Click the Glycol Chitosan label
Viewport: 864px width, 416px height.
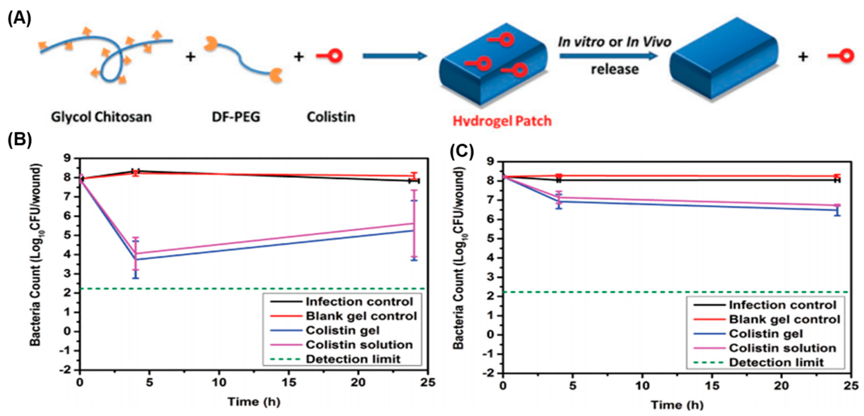pos(101,117)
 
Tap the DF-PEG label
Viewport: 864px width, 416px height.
pos(236,117)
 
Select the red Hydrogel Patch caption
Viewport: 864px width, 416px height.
pos(502,121)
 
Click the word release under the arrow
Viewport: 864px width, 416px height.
pos(615,69)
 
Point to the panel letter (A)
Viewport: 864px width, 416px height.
pos(19,18)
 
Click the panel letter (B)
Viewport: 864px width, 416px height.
pos(19,139)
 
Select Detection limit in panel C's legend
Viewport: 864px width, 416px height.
pos(776,362)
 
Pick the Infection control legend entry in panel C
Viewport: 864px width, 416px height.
pos(783,305)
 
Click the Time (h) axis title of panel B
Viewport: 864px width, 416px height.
pos(254,401)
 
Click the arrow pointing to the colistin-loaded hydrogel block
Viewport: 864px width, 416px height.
pos(394,56)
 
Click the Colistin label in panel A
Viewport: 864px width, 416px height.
pos(331,117)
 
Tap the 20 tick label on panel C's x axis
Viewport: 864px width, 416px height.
pos(781,386)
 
